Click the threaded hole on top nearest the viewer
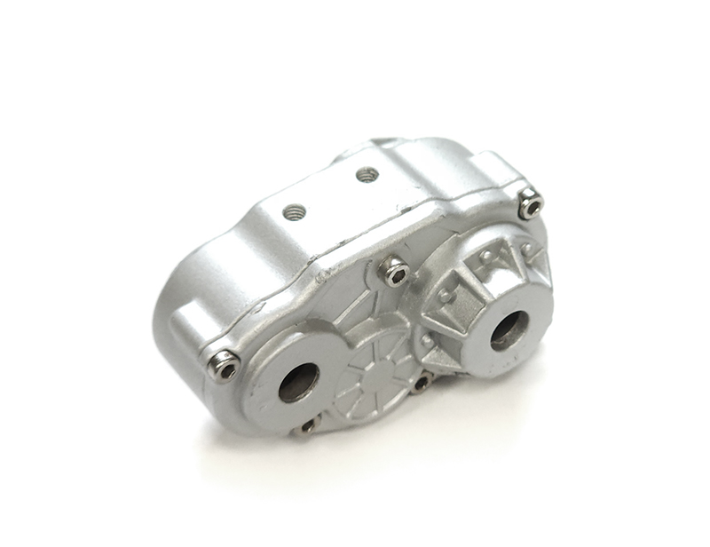pyautogui.click(x=295, y=212)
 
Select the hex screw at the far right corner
pyautogui.click(x=532, y=206)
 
